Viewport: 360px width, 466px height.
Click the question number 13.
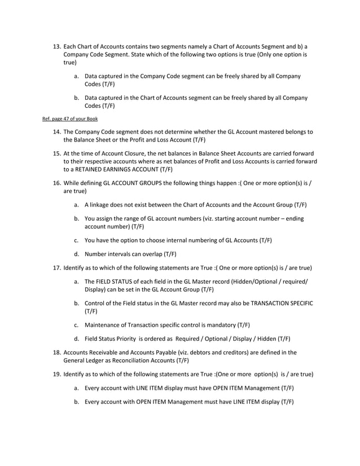[x=56, y=47]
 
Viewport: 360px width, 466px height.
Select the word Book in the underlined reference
[x=92, y=119]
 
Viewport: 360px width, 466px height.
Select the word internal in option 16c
[x=179, y=240]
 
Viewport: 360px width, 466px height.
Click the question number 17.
[x=56, y=267]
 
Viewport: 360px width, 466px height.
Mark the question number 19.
[x=56, y=374]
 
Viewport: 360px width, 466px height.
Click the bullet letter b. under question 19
[x=76, y=402]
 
